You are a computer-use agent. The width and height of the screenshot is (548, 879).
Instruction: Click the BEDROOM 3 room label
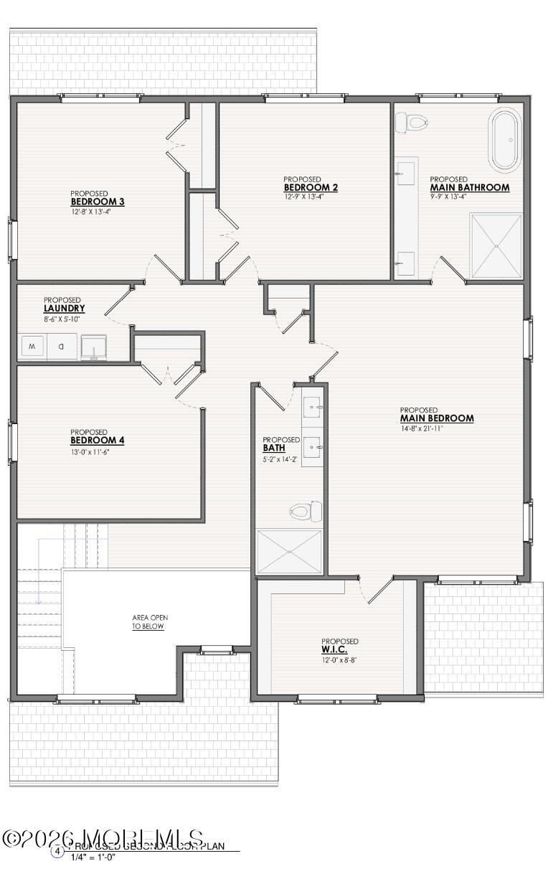pos(97,202)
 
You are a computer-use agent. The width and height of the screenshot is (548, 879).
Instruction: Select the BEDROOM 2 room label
pos(311,188)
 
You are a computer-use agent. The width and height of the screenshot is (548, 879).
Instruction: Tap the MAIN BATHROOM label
pos(469,187)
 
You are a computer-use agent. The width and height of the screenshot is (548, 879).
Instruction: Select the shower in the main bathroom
pos(496,245)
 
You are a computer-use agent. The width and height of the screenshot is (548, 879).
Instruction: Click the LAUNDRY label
pos(64,309)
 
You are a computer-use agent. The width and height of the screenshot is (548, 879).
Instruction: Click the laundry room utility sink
pos(93,347)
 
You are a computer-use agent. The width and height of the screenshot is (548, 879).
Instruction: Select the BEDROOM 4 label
pos(97,440)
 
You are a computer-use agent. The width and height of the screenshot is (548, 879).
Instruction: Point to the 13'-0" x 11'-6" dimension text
pos(90,452)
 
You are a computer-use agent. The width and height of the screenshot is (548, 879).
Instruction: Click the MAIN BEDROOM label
pos(436,418)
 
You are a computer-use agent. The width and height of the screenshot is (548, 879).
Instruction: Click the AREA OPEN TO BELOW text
pos(149,621)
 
